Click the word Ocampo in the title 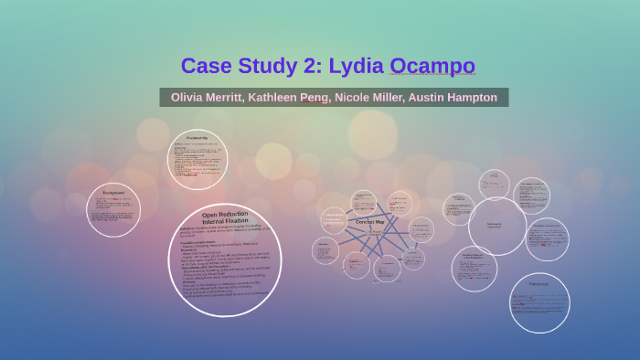click(432, 66)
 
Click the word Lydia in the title click(357, 66)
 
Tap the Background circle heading click(112, 194)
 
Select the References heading click(539, 283)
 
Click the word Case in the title click(206, 66)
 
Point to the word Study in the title click(265, 66)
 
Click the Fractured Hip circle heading click(197, 138)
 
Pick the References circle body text click(539, 303)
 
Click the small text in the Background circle click(112, 210)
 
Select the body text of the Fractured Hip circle click(197, 161)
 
